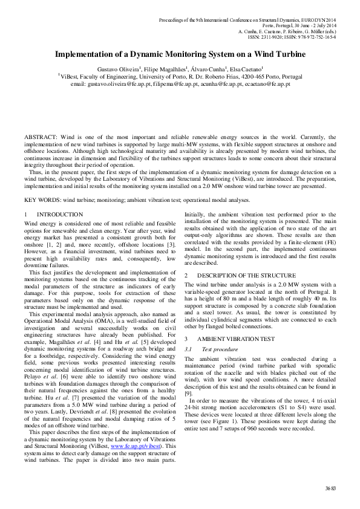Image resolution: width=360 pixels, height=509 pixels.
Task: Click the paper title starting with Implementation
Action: pyautogui.click(x=180, y=54)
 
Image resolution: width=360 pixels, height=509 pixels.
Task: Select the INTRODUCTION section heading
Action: pyautogui.click(x=60, y=215)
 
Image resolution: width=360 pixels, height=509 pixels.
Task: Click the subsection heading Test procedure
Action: pyautogui.click(x=218, y=349)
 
